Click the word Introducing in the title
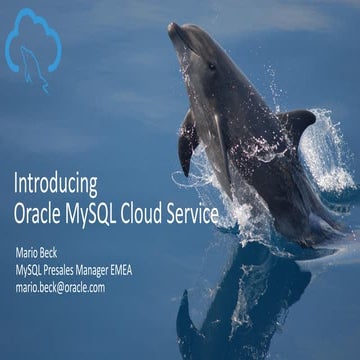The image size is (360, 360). pos(55,185)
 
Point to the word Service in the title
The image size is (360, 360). pos(211,214)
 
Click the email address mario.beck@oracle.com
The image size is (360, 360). pos(60,286)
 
